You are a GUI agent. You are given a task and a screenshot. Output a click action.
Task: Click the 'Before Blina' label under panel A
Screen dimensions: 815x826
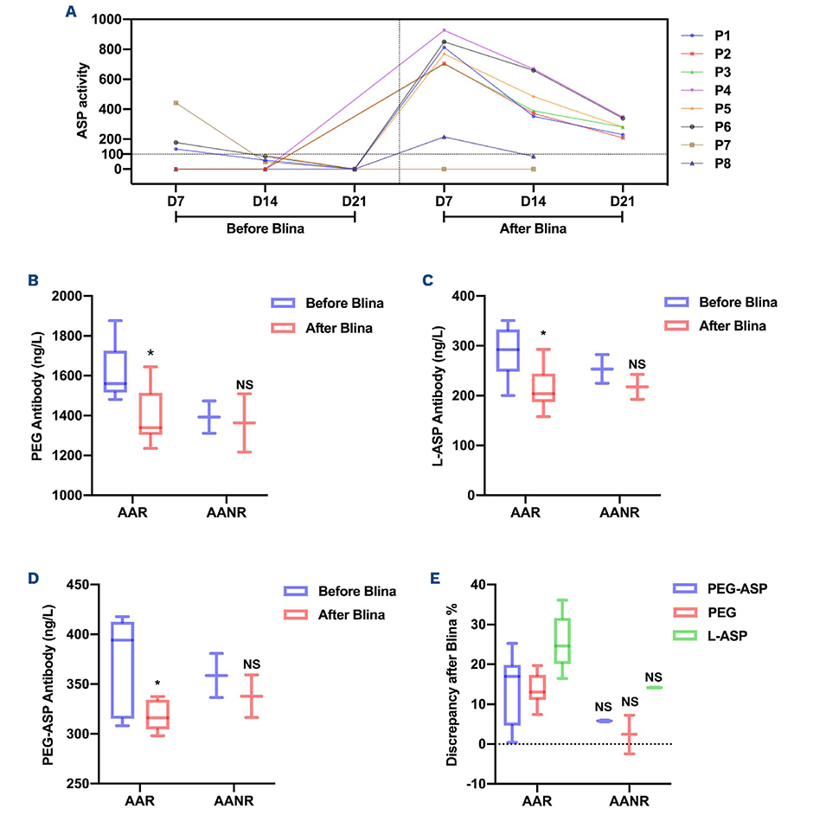click(x=265, y=230)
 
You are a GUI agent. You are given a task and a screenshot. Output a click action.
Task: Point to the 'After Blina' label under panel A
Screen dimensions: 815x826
click(x=533, y=230)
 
